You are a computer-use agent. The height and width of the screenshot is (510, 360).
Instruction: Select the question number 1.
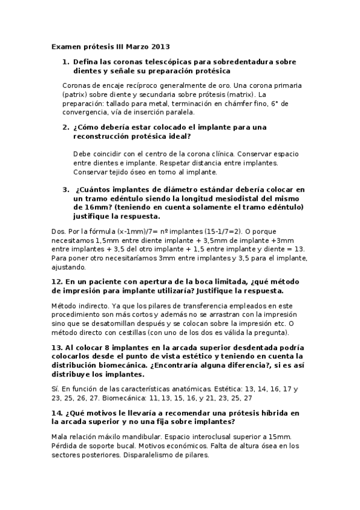pyautogui.click(x=66, y=62)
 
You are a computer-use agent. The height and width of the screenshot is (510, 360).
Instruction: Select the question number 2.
pyautogui.click(x=66, y=128)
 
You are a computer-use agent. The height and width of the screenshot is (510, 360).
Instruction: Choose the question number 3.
pyautogui.click(x=66, y=189)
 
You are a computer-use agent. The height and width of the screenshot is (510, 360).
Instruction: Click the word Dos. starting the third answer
pyautogui.click(x=59, y=230)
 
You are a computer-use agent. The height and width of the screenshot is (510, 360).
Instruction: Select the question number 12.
pyautogui.click(x=58, y=281)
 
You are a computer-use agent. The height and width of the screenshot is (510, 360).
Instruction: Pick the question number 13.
pyautogui.click(x=58, y=348)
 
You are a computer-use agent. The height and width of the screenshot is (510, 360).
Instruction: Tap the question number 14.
pyautogui.click(x=58, y=413)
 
